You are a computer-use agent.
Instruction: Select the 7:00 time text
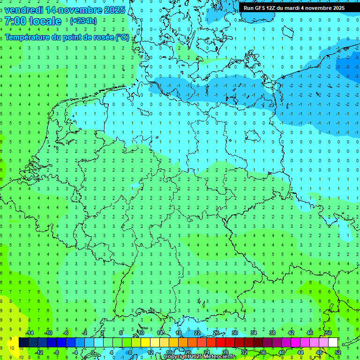15,21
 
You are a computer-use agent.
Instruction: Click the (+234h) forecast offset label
83,21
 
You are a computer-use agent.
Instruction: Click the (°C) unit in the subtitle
122,37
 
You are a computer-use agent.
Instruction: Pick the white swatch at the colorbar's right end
333,342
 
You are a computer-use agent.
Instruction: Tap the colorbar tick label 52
338,352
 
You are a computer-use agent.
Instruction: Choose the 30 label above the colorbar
234,333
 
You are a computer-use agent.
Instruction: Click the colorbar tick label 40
281,352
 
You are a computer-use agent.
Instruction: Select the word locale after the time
45,21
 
